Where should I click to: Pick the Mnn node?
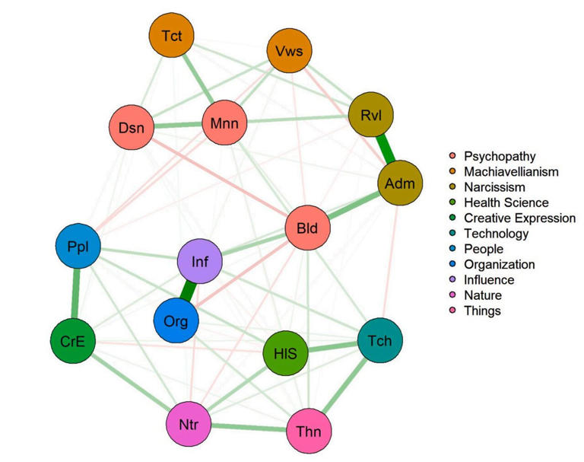[x=224, y=120]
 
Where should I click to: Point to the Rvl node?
[x=370, y=116]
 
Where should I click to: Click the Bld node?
[x=307, y=227]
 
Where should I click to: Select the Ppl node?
[x=78, y=247]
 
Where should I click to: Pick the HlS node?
[x=284, y=353]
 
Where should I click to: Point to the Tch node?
[x=380, y=341]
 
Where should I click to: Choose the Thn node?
[x=309, y=433]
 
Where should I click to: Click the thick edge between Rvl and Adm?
[x=386, y=149]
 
